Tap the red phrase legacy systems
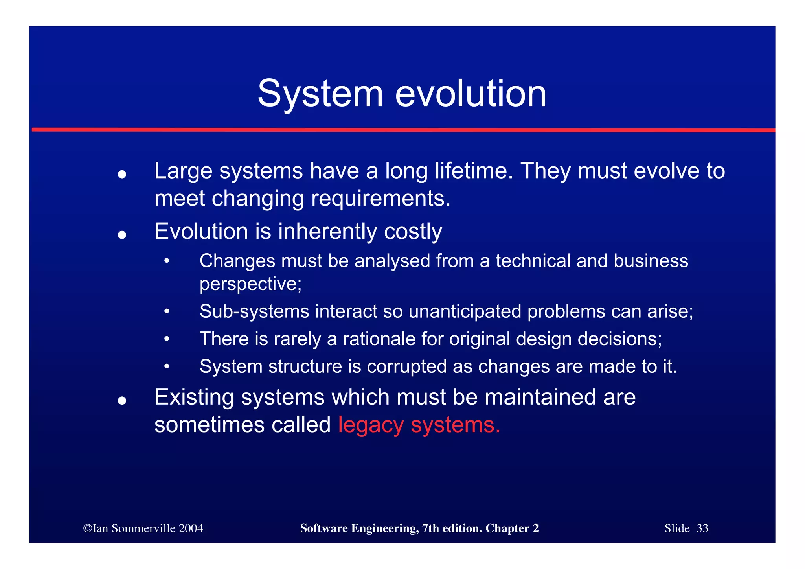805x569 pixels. pyautogui.click(x=419, y=425)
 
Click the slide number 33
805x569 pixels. pyautogui.click(x=702, y=528)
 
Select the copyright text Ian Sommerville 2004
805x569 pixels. pyautogui.click(x=143, y=528)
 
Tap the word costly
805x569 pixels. pyautogui.click(x=413, y=231)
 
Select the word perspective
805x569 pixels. pyautogui.click(x=250, y=284)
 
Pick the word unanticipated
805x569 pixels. pyautogui.click(x=465, y=311)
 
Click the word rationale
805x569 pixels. pyautogui.click(x=379, y=339)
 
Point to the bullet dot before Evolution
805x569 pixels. pyautogui.click(x=122, y=235)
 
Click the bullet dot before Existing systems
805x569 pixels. pyautogui.click(x=122, y=401)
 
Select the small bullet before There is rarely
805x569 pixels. pyautogui.click(x=167, y=339)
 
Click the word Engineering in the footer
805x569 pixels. pyautogui.click(x=384, y=528)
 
